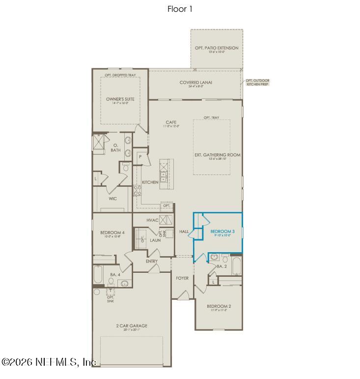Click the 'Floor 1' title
[180, 9]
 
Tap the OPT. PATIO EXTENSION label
[217, 48]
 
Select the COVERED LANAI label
[195, 83]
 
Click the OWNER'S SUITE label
[120, 99]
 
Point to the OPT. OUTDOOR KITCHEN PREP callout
[257, 82]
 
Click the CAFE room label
[171, 122]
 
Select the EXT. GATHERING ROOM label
[218, 155]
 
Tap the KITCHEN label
[150, 182]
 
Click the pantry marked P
[140, 157]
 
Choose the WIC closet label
[112, 199]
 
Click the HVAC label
[152, 220]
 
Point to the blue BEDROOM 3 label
[220, 232]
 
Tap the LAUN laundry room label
[155, 240]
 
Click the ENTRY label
[152, 261]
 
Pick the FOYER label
[182, 278]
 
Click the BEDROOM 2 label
[219, 306]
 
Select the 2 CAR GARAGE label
[132, 326]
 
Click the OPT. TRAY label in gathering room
[212, 117]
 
